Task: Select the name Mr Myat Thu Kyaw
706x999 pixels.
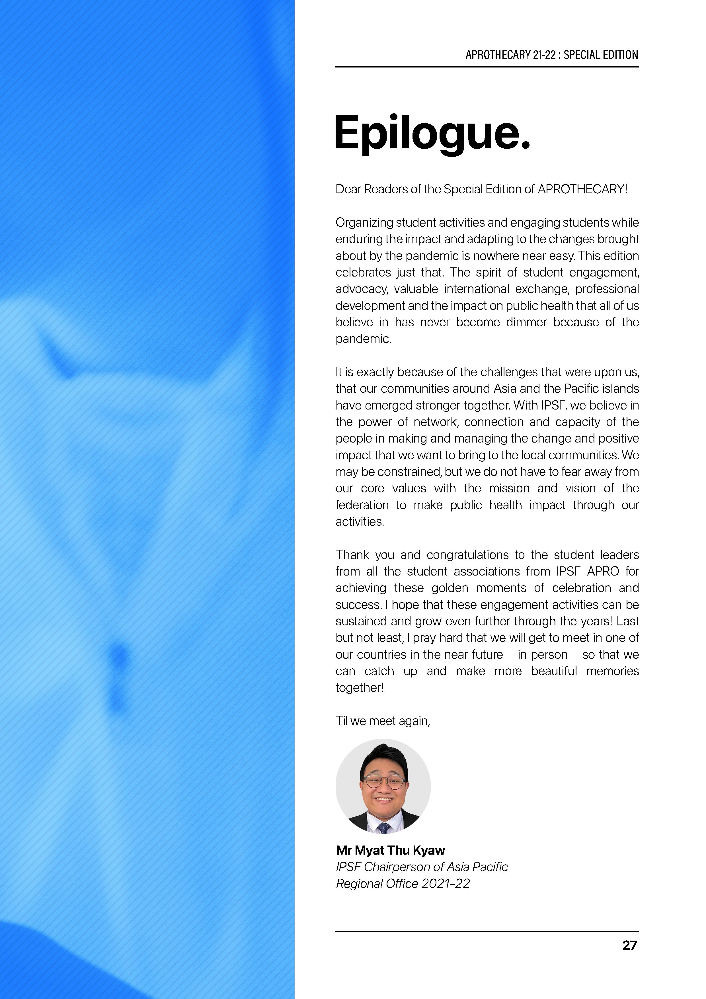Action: pos(391,850)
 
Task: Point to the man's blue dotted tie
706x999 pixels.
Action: pos(384,827)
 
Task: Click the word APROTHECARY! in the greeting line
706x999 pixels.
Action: pos(582,189)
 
